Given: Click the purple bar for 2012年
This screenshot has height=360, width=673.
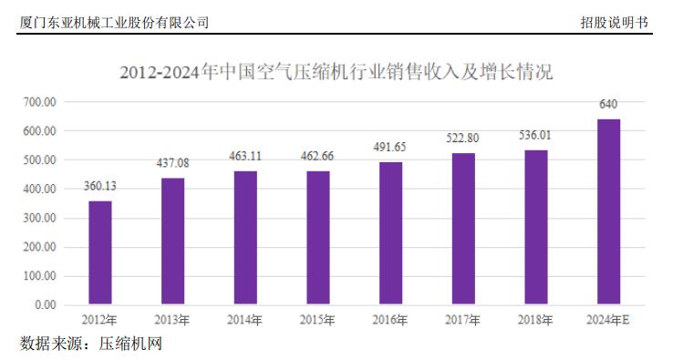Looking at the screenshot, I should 100,252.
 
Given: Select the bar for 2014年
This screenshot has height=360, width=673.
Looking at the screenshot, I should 245,237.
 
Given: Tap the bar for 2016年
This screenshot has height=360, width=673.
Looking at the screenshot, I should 390,233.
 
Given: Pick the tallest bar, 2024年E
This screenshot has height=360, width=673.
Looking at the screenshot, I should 608,211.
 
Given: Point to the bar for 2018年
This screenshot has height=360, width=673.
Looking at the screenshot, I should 535,227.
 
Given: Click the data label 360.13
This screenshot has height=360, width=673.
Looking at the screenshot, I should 100,186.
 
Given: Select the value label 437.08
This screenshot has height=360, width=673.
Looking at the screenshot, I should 173,163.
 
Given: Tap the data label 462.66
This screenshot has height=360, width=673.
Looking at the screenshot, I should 317,156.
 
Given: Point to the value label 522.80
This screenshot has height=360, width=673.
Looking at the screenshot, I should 463,139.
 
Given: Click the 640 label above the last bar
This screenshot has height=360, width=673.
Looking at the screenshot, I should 608,105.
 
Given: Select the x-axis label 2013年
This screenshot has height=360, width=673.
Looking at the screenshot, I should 172,320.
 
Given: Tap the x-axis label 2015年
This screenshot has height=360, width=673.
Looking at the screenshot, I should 317,320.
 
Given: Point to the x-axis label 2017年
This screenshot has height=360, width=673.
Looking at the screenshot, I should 462,320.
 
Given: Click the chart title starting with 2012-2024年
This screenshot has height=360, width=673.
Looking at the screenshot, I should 336,71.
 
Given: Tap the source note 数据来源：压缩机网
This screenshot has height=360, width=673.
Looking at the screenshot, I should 90,344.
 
